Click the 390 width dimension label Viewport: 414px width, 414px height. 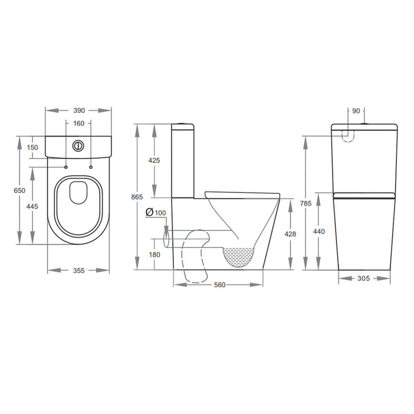click(79, 110)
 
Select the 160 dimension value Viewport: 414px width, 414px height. click(79, 123)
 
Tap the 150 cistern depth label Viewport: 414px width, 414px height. click(33, 148)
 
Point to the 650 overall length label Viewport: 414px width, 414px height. click(20, 191)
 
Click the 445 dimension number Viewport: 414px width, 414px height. click(33, 207)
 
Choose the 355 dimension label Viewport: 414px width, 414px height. click(79, 270)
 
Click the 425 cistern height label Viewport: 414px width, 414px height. click(154, 160)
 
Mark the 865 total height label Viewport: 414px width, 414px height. click(137, 197)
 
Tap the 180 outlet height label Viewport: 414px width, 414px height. click(154, 255)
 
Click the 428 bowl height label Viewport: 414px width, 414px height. click(291, 234)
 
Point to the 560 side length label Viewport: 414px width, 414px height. click(220, 285)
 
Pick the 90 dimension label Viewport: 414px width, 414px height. click(356, 111)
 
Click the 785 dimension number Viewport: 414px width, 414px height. click(306, 204)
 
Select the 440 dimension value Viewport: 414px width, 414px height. click(319, 231)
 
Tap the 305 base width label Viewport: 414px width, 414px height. click(363, 279)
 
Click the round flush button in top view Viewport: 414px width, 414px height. click(78, 146)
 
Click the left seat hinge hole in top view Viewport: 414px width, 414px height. click(66, 167)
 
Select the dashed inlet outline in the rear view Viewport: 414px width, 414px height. click(348, 136)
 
